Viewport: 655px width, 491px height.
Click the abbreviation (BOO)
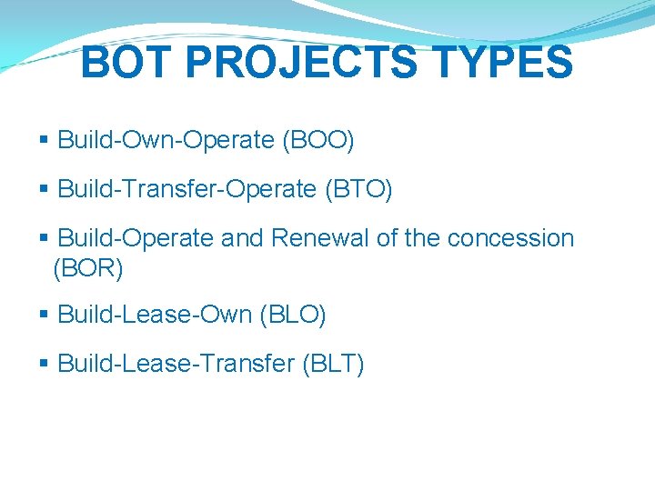tap(318, 140)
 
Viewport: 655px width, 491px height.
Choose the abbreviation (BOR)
tap(88, 268)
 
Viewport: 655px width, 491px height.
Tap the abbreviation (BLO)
tap(293, 315)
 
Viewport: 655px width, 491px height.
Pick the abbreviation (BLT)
tap(332, 364)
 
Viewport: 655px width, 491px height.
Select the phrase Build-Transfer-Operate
tap(186, 189)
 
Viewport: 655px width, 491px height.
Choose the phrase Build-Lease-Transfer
tap(176, 364)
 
